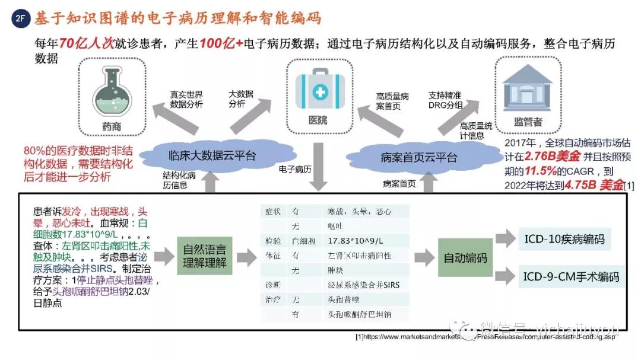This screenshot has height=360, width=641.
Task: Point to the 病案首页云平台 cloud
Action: coord(418,157)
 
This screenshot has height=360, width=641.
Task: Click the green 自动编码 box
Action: coord(465,258)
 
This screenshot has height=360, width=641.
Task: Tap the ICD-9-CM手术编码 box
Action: coord(571,277)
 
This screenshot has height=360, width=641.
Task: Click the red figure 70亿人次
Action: coord(84,44)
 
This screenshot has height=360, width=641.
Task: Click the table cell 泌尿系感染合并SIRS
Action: coord(363,285)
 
